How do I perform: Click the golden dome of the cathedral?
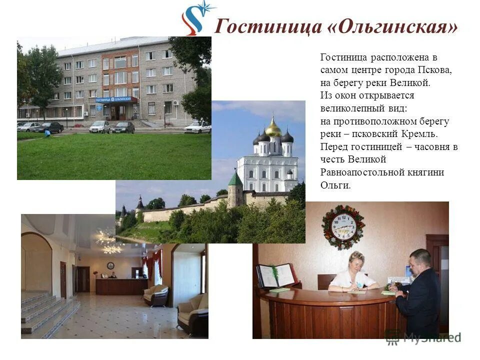tap(273, 128)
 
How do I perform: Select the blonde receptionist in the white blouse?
tap(353, 272)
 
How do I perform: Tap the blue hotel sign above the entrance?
tap(116, 99)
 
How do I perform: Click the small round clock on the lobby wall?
tap(110, 265)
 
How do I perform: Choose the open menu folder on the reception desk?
tap(276, 275)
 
